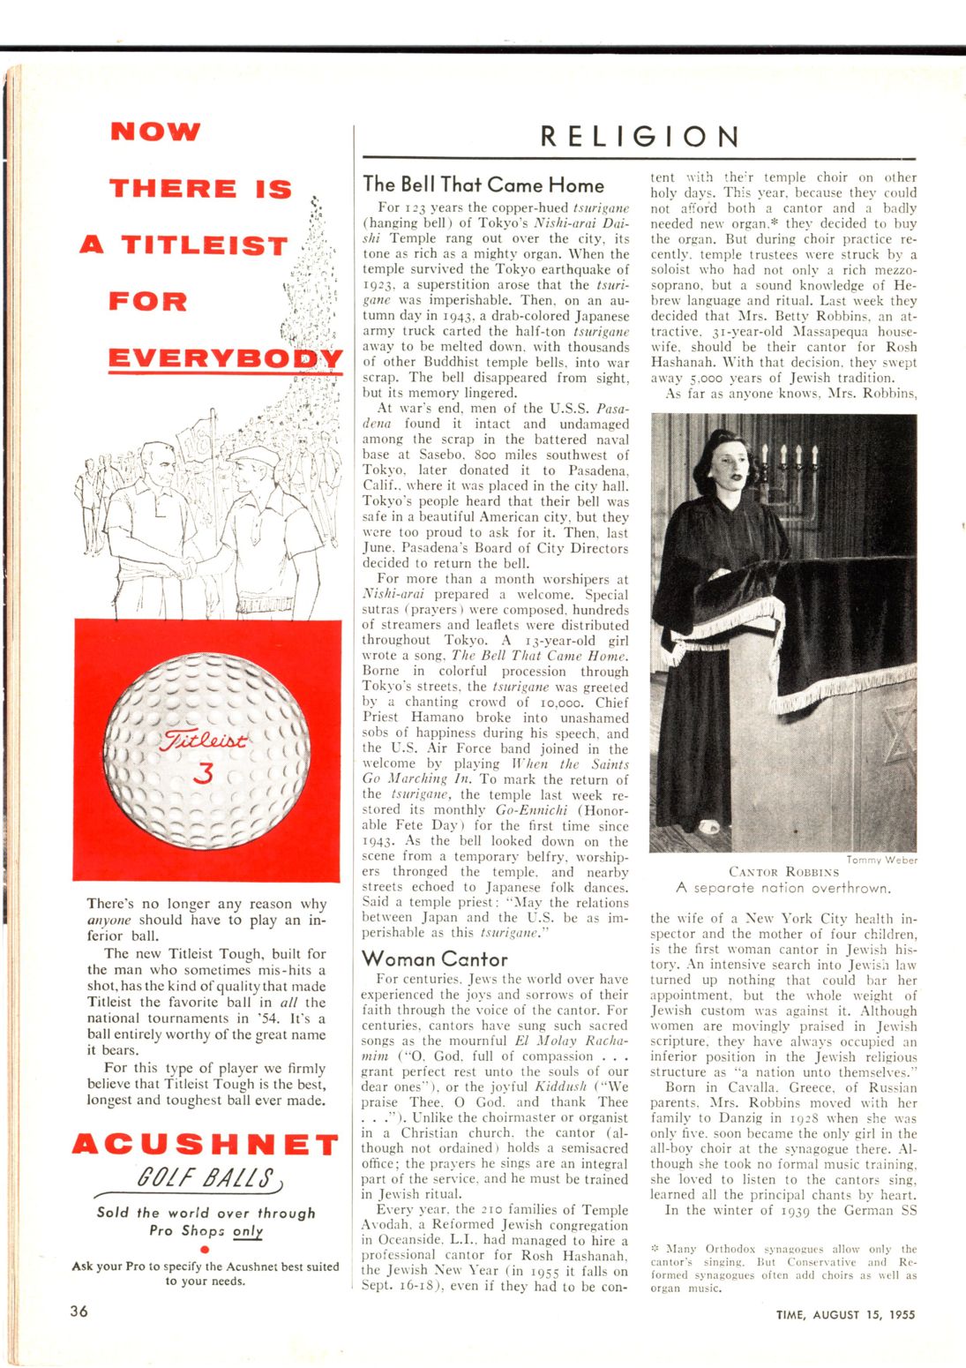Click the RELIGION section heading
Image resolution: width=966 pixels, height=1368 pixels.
(x=639, y=137)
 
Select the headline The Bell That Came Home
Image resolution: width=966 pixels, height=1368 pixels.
(x=483, y=185)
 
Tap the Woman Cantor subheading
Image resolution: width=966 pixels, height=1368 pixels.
(x=434, y=959)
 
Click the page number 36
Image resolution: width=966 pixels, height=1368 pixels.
(x=79, y=1312)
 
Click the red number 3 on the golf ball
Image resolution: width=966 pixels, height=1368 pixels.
(x=204, y=773)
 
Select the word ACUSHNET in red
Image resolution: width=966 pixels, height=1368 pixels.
(x=205, y=1145)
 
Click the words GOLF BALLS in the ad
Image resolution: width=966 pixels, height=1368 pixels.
(x=206, y=1178)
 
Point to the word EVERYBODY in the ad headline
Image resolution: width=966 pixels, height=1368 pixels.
(x=225, y=358)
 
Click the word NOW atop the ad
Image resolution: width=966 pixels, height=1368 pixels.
(x=155, y=132)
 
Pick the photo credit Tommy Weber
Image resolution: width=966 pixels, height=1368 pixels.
(x=881, y=860)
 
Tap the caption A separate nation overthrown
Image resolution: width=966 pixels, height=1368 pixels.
(x=783, y=888)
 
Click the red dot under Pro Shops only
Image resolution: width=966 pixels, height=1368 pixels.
(x=205, y=1249)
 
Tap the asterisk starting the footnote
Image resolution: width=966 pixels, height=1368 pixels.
(x=655, y=1249)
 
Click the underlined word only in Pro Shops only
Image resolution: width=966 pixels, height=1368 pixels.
(x=248, y=1230)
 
